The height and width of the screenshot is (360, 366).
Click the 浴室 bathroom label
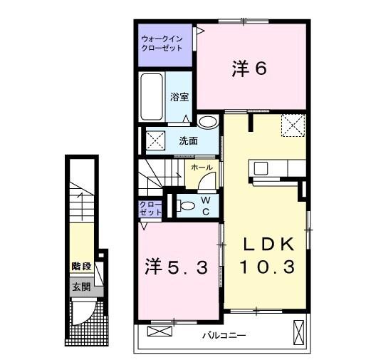pyautogui.click(x=179, y=96)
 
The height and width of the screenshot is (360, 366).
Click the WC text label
pyautogui.click(x=204, y=205)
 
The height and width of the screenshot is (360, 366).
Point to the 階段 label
pyautogui.click(x=81, y=266)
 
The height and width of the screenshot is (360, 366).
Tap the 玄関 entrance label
pyautogui.click(x=80, y=287)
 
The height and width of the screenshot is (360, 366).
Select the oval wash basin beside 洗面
pyautogui.click(x=209, y=122)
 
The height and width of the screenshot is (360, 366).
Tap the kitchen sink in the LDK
pyautogui.click(x=261, y=169)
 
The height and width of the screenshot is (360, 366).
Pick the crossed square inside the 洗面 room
pyautogui.click(x=157, y=138)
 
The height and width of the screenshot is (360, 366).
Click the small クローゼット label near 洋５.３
pyautogui.click(x=151, y=209)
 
